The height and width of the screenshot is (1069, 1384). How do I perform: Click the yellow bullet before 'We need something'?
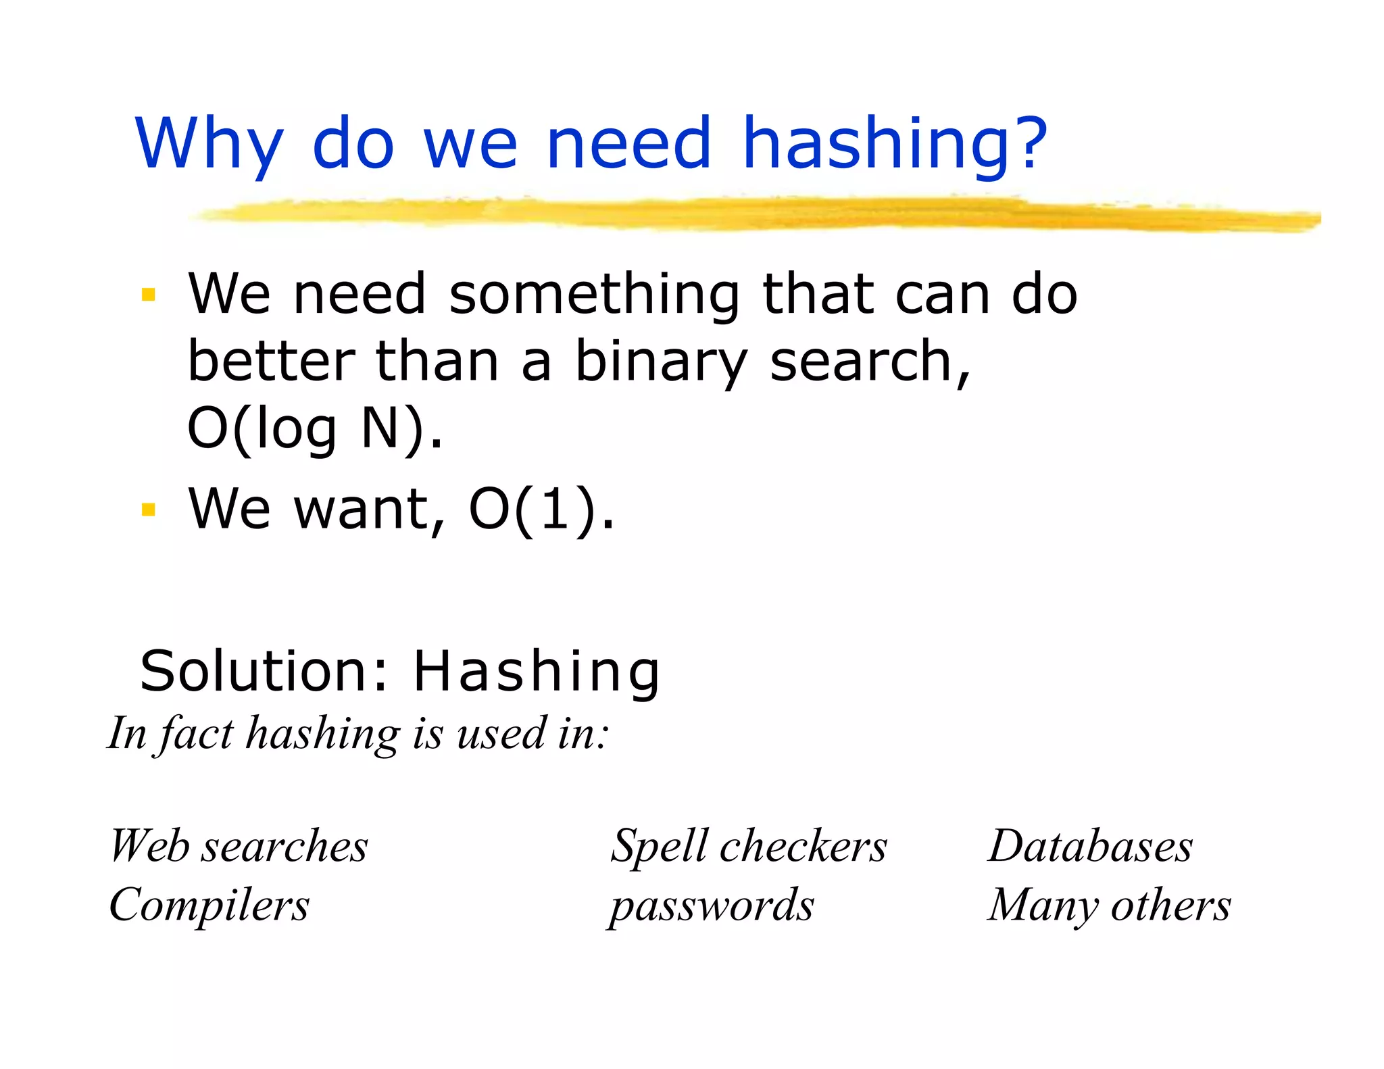[x=148, y=295]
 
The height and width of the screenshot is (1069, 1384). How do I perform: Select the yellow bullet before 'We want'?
[x=148, y=509]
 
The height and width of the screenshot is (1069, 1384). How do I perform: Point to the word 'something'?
[x=594, y=295]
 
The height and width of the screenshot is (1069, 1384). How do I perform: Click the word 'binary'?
[x=661, y=363]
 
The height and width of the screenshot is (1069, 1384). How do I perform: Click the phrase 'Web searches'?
[x=239, y=846]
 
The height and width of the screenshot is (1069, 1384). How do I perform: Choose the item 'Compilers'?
[x=209, y=905]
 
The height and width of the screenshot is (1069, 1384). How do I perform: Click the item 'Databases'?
[x=1090, y=846]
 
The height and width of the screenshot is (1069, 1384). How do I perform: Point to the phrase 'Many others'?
[x=1109, y=905]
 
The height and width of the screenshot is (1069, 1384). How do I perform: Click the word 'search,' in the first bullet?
[x=870, y=363]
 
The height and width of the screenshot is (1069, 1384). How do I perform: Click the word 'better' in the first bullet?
[x=271, y=362]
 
